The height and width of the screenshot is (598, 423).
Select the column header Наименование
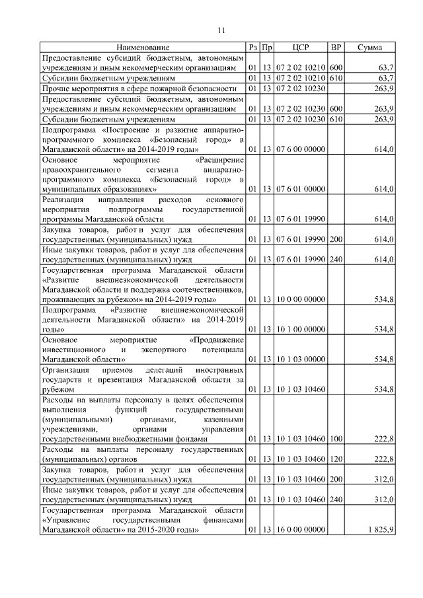pyautogui.click(x=143, y=48)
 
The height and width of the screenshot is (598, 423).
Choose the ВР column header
pyautogui.click(x=336, y=48)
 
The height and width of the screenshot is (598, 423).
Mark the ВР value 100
pyautogui.click(x=336, y=439)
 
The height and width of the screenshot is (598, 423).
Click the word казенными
pyautogui.click(x=224, y=419)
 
